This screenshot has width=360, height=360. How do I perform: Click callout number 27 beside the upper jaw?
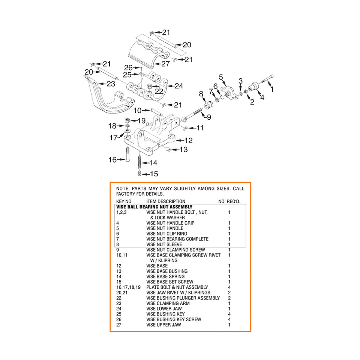pyautogui.click(x=165, y=64)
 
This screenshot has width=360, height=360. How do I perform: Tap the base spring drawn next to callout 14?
pyautogui.click(x=139, y=162)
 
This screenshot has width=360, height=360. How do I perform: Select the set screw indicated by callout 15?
pyautogui.click(x=139, y=173)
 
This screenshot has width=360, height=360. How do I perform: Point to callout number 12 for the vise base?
pyautogui.click(x=188, y=140)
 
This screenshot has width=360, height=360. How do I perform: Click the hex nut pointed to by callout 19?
pyautogui.click(x=127, y=120)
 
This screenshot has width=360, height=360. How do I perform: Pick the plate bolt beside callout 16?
pyautogui.click(x=127, y=154)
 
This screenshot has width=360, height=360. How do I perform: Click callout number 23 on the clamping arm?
pyautogui.click(x=111, y=84)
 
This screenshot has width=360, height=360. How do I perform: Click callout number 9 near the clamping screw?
pyautogui.click(x=209, y=117)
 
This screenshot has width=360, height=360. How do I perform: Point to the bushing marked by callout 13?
pyautogui.click(x=167, y=149)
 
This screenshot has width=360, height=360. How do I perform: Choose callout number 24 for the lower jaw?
pyautogui.click(x=179, y=86)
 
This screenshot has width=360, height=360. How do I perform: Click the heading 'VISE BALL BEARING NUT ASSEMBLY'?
pyautogui.click(x=154, y=207)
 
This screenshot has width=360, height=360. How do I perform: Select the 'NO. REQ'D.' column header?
pyautogui.click(x=229, y=202)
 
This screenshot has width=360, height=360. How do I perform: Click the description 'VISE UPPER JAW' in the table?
pyautogui.click(x=163, y=325)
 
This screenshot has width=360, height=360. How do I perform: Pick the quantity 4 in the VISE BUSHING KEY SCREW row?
pyautogui.click(x=229, y=319)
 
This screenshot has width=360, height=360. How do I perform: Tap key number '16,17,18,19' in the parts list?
pyautogui.click(x=128, y=287)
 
